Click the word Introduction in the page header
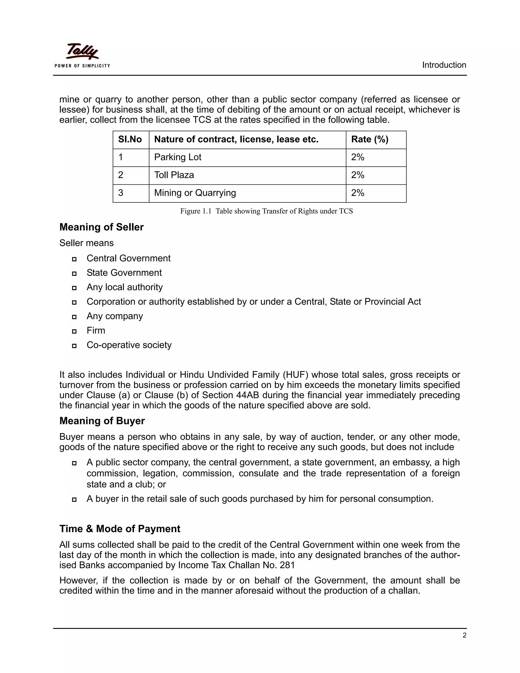[x=444, y=65]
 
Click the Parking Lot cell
[x=178, y=157]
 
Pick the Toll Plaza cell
[x=174, y=175]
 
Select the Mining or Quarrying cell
[x=195, y=193]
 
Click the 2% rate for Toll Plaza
[x=358, y=175]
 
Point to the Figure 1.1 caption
[x=266, y=211]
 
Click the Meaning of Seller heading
[x=101, y=227]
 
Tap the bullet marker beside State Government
[x=74, y=273]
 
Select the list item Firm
[x=96, y=330]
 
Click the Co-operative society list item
[x=129, y=345]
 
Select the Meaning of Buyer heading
[x=102, y=421]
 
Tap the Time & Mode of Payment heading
[x=120, y=529]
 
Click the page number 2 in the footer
[x=464, y=635]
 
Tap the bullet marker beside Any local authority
[x=74, y=288]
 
